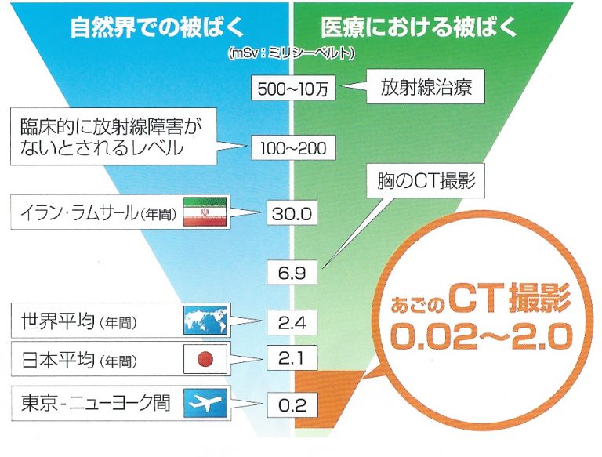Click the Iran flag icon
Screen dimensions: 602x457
(x=205, y=212)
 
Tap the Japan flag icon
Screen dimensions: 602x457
(x=205, y=359)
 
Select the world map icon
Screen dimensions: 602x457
(x=205, y=321)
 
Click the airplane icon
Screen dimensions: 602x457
(x=205, y=403)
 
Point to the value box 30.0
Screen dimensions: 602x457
(x=292, y=212)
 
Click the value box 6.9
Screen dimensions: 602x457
(x=292, y=272)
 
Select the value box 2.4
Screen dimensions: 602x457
(x=292, y=322)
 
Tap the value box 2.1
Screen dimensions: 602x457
(x=292, y=358)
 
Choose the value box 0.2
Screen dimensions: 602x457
(x=292, y=404)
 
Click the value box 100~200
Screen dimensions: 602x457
(x=293, y=147)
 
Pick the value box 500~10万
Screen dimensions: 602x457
(x=293, y=88)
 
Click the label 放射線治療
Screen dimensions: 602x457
(x=426, y=86)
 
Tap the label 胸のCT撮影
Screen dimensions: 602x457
(x=426, y=180)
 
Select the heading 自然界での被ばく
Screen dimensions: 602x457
(x=157, y=27)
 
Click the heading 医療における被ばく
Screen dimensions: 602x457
(x=419, y=27)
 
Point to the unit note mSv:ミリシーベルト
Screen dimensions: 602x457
(x=291, y=53)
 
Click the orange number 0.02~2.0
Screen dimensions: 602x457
(x=478, y=337)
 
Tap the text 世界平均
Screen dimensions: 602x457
(x=58, y=321)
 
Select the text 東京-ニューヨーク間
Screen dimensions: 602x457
(x=96, y=403)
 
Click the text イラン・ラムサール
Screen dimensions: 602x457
(x=78, y=212)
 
